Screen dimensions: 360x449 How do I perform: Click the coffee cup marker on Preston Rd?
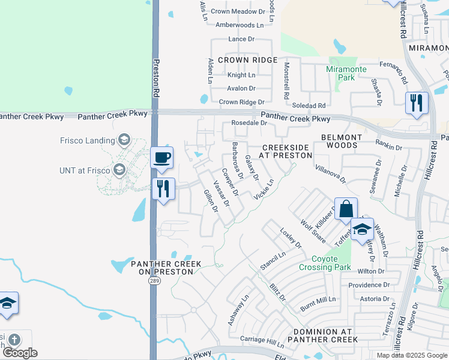click(x=161, y=158)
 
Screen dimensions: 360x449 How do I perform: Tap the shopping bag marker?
click(x=346, y=209)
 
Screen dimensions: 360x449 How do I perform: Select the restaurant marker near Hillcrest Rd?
click(x=415, y=103)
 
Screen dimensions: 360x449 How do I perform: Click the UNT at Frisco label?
click(x=85, y=170)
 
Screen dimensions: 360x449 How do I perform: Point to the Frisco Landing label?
click(x=87, y=141)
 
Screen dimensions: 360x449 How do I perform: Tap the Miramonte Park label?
click(x=346, y=74)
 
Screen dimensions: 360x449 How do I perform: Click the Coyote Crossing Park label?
click(x=325, y=263)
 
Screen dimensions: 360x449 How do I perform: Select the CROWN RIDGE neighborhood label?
click(x=247, y=60)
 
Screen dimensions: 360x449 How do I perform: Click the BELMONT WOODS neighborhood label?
click(x=342, y=141)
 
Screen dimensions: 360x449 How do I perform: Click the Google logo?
click(x=20, y=353)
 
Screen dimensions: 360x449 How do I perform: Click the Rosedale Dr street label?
click(x=249, y=123)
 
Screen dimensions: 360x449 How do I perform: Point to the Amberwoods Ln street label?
click(x=239, y=25)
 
